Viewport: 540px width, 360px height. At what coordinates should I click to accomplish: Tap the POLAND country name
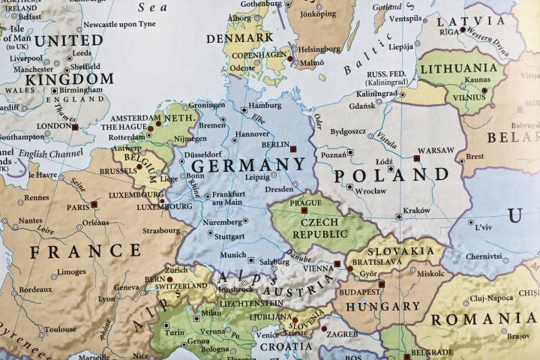coord(391,176)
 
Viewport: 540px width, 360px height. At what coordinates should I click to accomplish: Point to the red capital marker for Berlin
coord(292,148)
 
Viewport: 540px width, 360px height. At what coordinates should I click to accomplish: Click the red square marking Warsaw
coord(416,158)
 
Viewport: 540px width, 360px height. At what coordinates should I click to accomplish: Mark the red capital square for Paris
coord(94,204)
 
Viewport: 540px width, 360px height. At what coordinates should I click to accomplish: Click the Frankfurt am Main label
coord(229,198)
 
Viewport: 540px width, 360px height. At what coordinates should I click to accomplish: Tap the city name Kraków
coord(416,211)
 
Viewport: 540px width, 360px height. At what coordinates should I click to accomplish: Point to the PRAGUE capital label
coord(305,203)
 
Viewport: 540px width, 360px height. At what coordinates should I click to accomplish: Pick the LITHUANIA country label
coord(460,68)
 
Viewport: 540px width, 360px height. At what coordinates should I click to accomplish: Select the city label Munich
coord(232,255)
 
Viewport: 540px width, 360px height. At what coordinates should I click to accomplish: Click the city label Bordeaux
coord(35,289)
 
